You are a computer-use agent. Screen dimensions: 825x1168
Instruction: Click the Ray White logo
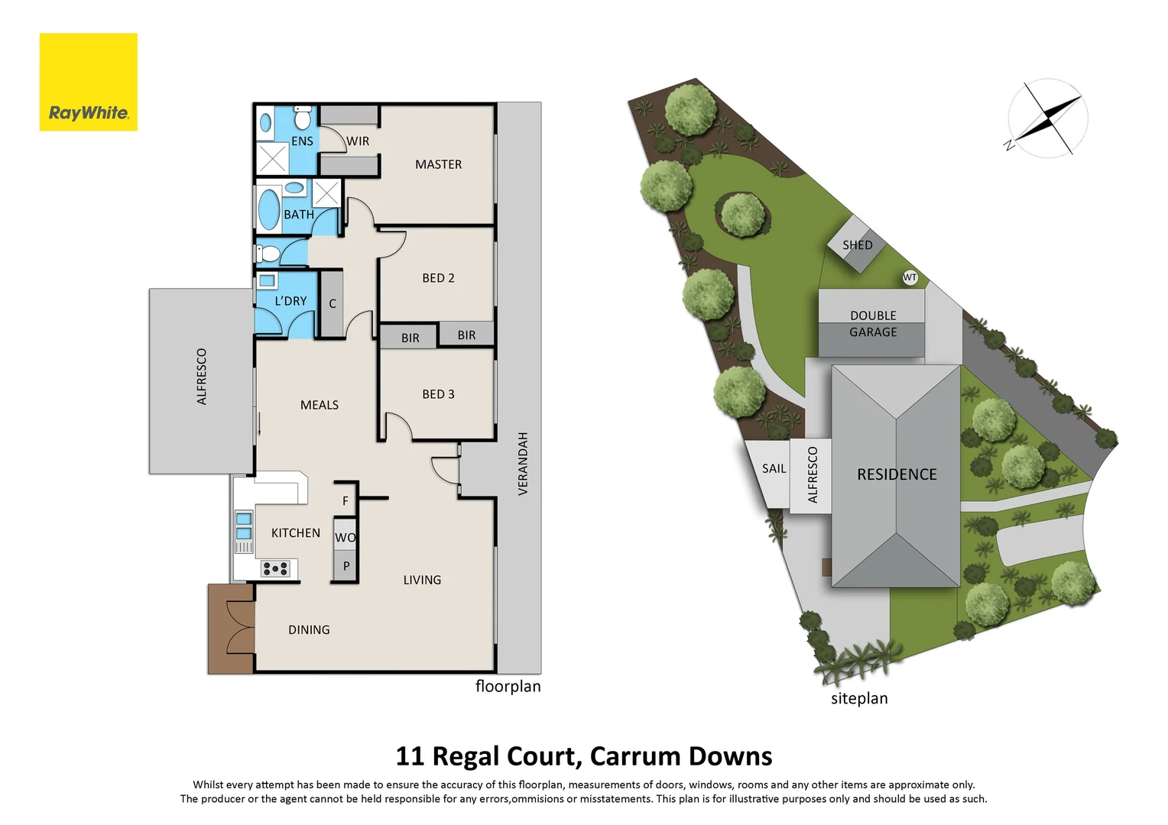click(x=88, y=82)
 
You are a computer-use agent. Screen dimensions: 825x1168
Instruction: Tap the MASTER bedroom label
click(x=438, y=164)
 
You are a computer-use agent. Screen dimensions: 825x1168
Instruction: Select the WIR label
click(x=358, y=141)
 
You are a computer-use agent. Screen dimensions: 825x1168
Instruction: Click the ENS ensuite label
click(x=302, y=141)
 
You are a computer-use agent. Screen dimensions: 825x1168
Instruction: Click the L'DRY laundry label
click(x=290, y=301)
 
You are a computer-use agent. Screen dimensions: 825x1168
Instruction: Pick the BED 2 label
click(x=438, y=278)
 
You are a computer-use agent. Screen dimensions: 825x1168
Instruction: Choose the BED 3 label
click(x=438, y=394)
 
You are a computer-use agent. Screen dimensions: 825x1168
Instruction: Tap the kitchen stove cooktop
click(x=275, y=568)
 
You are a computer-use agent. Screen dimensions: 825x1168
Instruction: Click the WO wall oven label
click(x=346, y=538)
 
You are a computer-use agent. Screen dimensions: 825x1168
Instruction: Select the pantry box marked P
click(x=346, y=567)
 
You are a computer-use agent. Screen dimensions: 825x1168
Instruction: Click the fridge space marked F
click(x=346, y=501)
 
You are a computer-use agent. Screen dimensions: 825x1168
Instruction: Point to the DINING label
click(x=309, y=630)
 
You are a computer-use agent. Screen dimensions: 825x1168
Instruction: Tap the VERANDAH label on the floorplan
click(x=523, y=464)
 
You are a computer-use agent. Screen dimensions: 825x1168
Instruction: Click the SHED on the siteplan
click(x=857, y=245)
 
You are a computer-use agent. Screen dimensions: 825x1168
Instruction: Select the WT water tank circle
click(x=910, y=277)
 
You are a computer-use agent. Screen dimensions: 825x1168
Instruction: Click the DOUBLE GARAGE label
click(x=873, y=324)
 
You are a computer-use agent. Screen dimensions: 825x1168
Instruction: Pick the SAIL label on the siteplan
click(x=774, y=469)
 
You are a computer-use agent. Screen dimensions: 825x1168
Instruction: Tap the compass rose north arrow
click(x=1047, y=119)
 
